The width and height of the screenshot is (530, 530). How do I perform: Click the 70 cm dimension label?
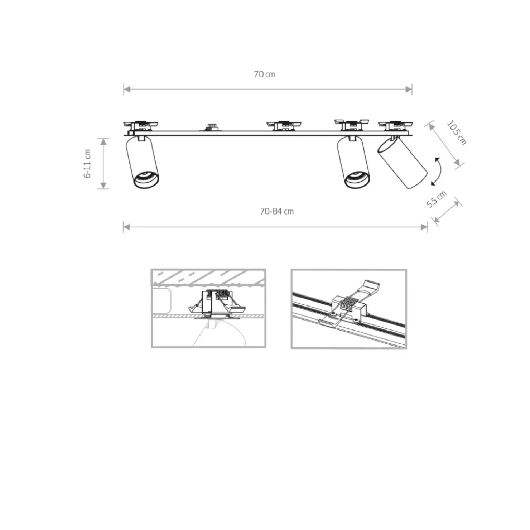tap(265, 74)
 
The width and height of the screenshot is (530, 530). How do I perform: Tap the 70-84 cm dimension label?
tap(277, 211)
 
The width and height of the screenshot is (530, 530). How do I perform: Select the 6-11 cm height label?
tap(87, 164)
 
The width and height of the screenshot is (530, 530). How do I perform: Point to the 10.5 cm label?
tap(457, 132)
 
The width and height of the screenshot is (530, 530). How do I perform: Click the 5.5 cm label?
tap(436, 199)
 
